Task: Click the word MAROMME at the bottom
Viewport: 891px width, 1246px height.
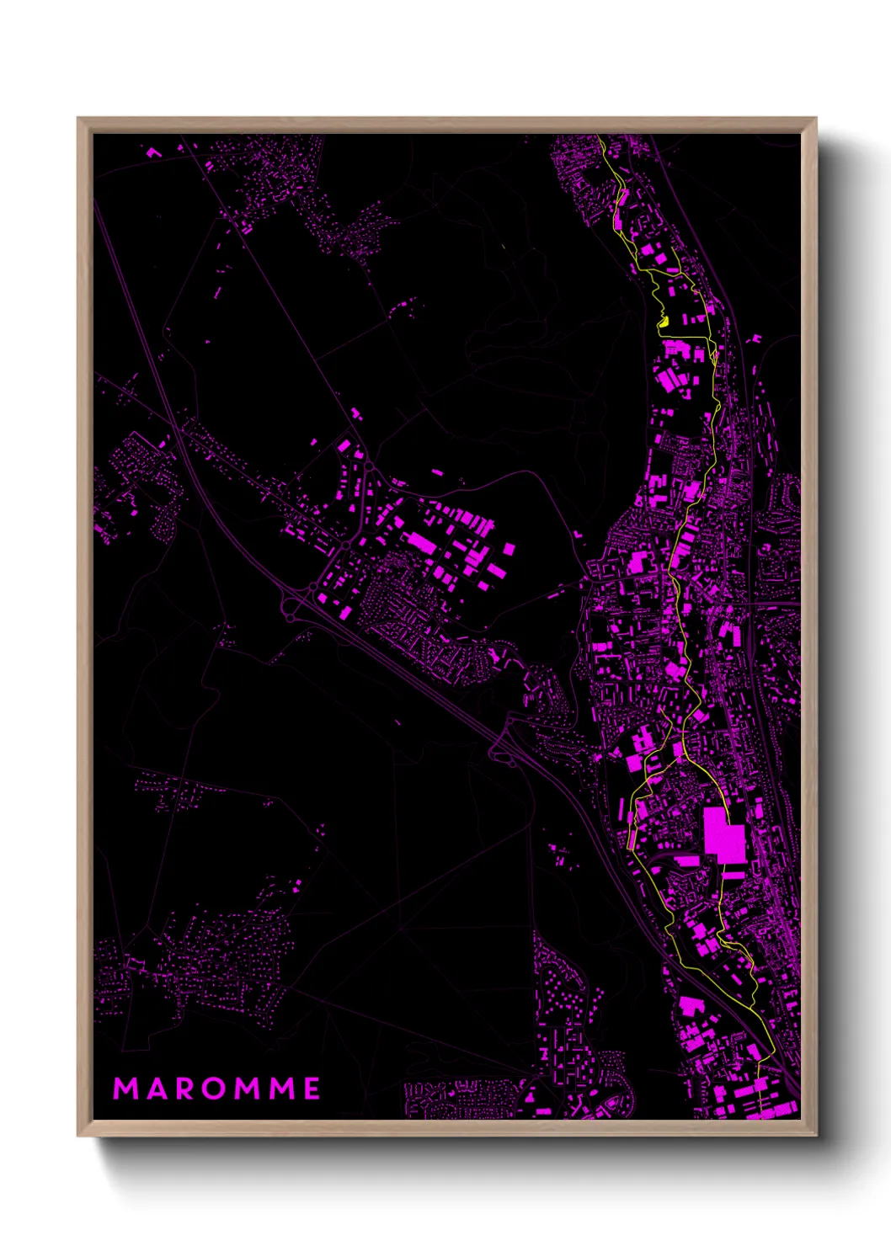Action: (216, 1089)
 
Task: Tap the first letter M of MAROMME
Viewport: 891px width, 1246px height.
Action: (125, 1089)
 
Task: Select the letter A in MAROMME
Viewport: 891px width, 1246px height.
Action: (157, 1089)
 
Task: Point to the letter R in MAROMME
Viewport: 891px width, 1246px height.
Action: (184, 1089)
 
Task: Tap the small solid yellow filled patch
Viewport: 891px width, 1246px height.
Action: (663, 321)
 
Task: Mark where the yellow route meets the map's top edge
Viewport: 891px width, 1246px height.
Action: (599, 136)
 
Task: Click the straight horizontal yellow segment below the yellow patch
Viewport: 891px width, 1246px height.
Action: (686, 338)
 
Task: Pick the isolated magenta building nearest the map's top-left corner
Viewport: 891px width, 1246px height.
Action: (153, 153)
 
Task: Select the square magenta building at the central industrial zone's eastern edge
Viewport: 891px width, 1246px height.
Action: (509, 549)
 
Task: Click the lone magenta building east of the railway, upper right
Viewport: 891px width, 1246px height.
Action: (755, 339)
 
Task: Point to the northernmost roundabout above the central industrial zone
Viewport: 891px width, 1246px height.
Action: (368, 466)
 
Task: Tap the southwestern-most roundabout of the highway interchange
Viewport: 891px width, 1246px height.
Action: (290, 618)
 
